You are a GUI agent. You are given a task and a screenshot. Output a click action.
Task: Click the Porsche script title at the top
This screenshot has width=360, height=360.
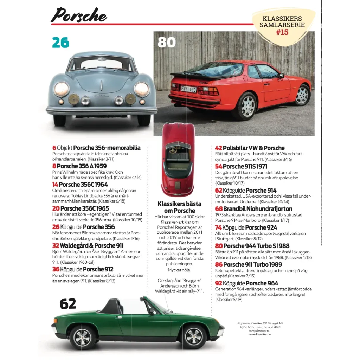[x=79, y=15]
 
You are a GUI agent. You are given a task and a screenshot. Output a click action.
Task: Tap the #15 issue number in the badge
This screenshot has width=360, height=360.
[x=282, y=32]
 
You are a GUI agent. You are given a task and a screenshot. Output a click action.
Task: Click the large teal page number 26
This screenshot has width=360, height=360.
[x=61, y=43]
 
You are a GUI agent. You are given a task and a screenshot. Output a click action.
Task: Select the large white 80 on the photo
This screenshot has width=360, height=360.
[x=166, y=43]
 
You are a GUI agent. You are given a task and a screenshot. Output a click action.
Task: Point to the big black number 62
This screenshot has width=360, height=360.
[x=68, y=304]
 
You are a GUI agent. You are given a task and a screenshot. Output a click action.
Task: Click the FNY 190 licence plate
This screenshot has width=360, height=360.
[x=188, y=89]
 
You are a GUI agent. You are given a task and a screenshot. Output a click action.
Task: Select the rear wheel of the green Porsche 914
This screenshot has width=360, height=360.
[x=83, y=337]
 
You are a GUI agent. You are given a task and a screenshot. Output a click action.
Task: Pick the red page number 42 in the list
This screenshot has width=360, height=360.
[x=218, y=148]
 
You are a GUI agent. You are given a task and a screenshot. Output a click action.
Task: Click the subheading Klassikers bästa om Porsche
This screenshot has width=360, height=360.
[x=180, y=207]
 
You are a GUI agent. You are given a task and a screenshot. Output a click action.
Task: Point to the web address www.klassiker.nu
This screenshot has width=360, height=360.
[x=259, y=334]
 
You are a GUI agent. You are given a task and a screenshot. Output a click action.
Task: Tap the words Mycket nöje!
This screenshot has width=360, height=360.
[x=179, y=270]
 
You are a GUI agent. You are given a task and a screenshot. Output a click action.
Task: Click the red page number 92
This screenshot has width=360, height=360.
[x=218, y=283]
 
